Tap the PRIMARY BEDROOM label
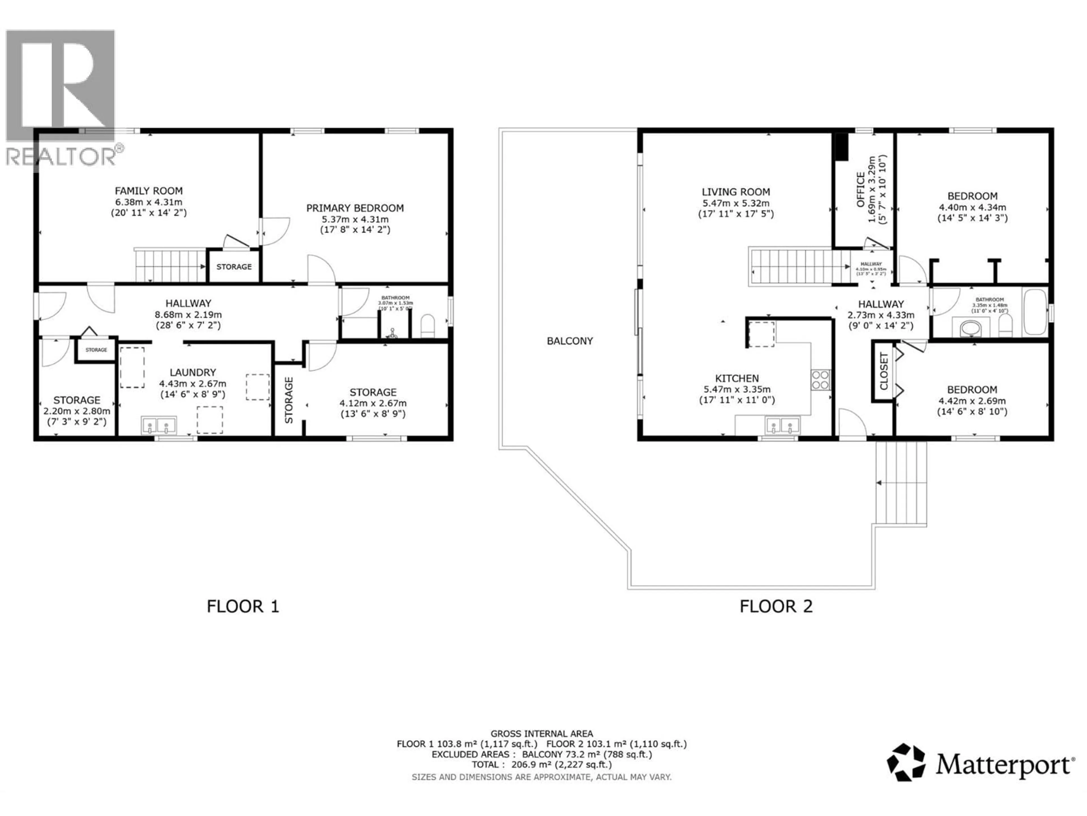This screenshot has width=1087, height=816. pyautogui.click(x=355, y=208)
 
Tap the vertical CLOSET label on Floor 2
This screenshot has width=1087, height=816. pyautogui.click(x=883, y=371)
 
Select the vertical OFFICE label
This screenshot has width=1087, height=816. pyautogui.click(x=861, y=189)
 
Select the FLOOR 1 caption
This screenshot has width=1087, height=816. pyautogui.click(x=243, y=606)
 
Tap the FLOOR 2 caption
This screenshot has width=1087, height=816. pyautogui.click(x=776, y=606)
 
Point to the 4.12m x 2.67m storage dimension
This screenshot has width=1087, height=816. pyautogui.click(x=373, y=403)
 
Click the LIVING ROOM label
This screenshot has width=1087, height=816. pyautogui.click(x=736, y=192)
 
